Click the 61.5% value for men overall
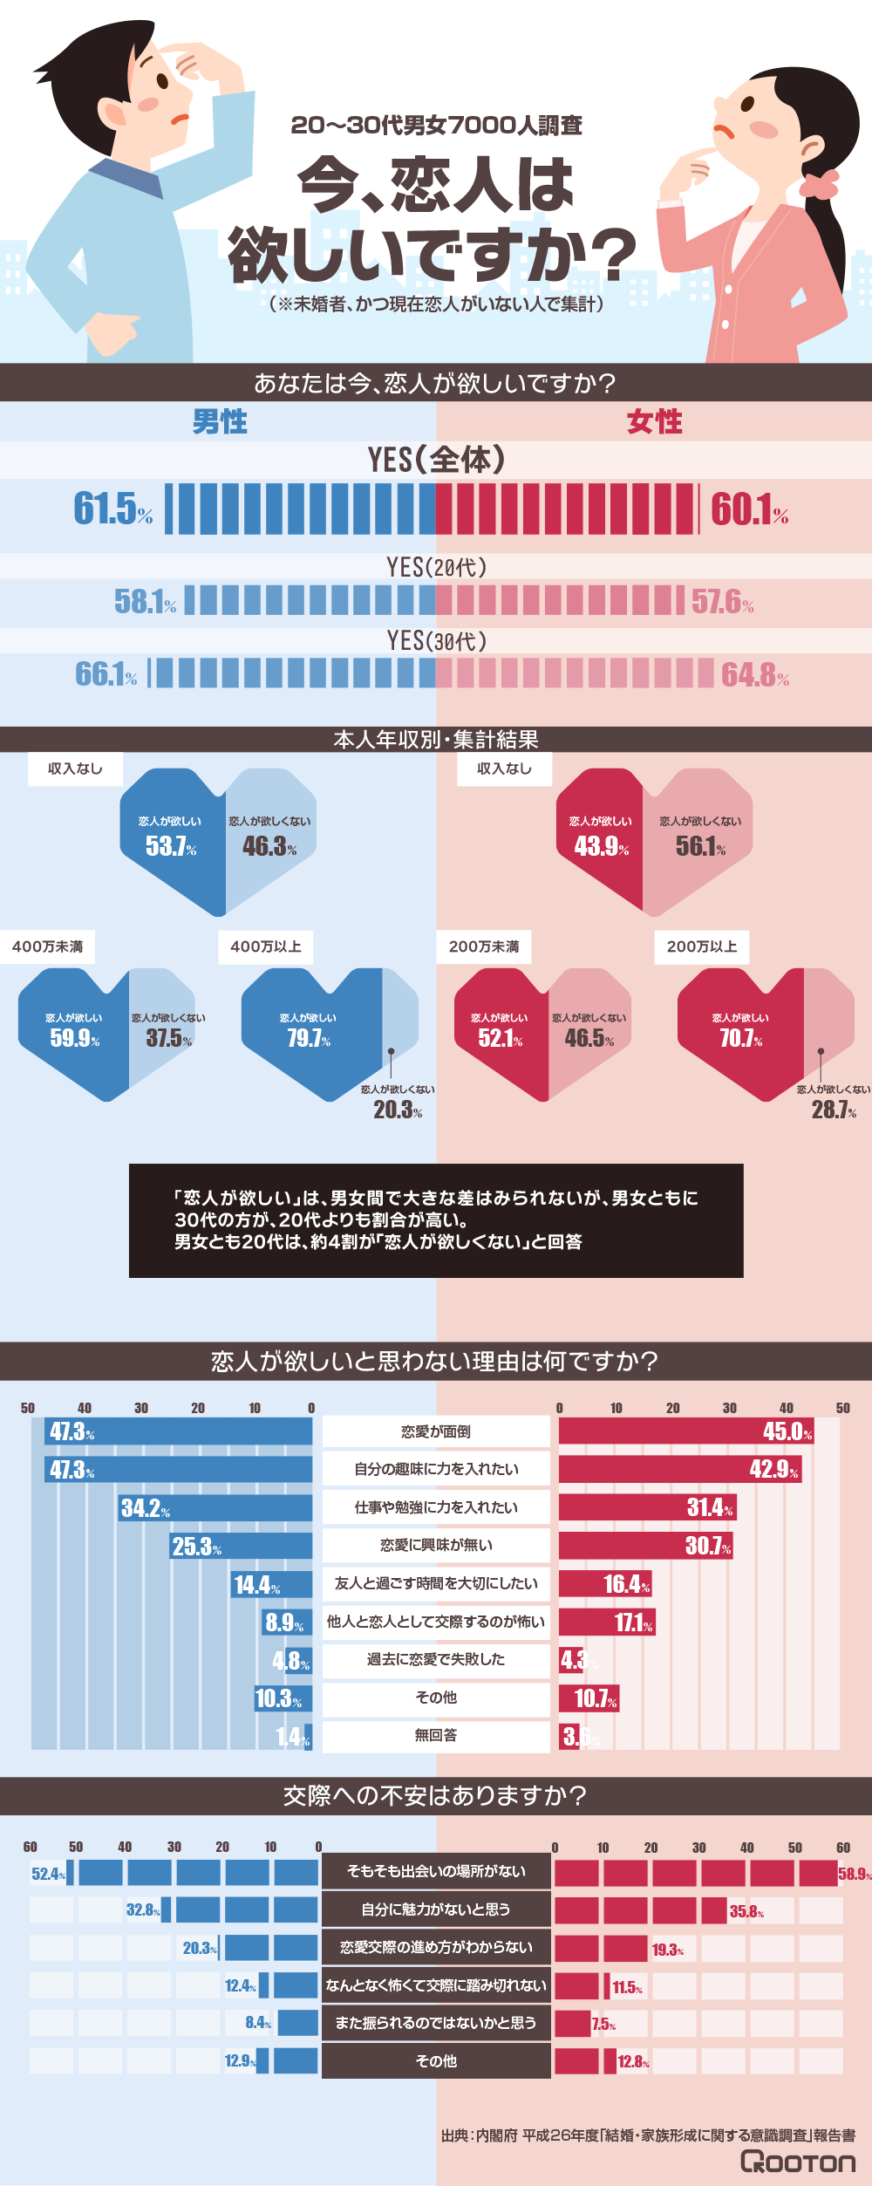point(112,509)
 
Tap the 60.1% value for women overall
point(749,509)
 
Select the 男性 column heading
point(220,422)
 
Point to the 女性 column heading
point(655,422)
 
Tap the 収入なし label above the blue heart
point(75,769)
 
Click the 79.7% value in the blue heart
point(309,1038)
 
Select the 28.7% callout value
point(834,1110)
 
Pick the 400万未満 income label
point(48,946)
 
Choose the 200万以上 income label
point(702,946)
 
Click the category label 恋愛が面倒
point(436,1431)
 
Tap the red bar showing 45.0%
point(685,1431)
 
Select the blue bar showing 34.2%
point(215,1508)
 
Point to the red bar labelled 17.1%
point(606,1622)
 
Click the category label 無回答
point(436,1735)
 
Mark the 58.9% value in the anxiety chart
point(854,1874)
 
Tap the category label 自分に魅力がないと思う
point(436,1909)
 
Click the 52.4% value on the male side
point(48,1874)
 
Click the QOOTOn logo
point(798,2162)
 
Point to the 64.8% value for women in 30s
point(754,675)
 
